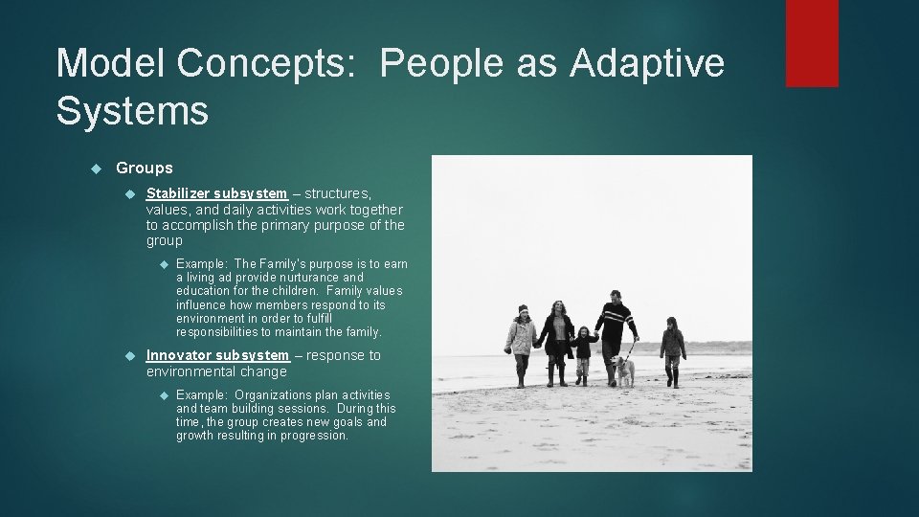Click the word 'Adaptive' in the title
pyautogui.click(x=647, y=64)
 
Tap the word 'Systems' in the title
pyautogui.click(x=132, y=110)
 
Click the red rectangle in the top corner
pyautogui.click(x=812, y=43)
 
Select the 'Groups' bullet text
pyautogui.click(x=145, y=169)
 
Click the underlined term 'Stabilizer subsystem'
pyautogui.click(x=216, y=193)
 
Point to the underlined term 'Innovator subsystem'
pyautogui.click(x=217, y=355)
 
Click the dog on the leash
pyautogui.click(x=624, y=370)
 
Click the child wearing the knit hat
pyautogui.click(x=521, y=340)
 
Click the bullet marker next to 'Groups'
pyautogui.click(x=95, y=169)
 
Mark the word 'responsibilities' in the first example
pyautogui.click(x=216, y=332)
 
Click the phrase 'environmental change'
pyautogui.click(x=216, y=371)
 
